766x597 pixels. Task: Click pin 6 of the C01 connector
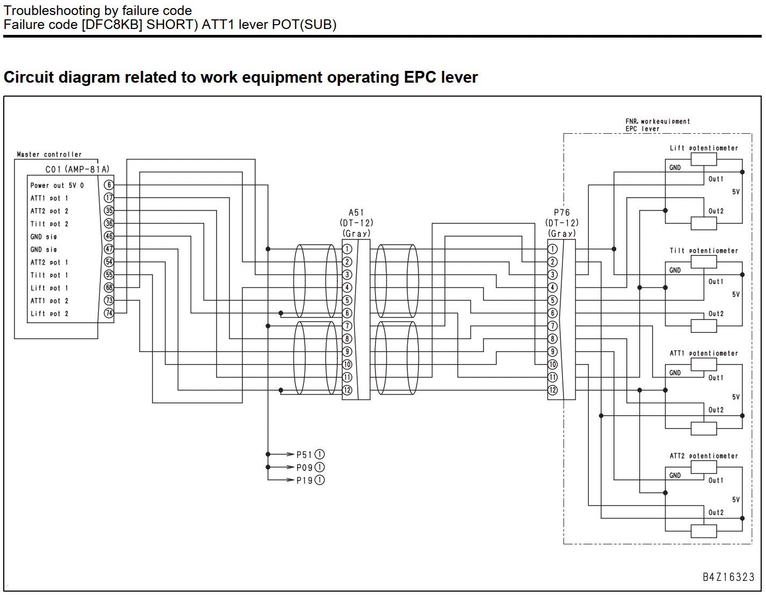coord(109,185)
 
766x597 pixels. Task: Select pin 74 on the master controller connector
coord(109,313)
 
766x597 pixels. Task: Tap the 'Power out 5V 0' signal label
coord(57,185)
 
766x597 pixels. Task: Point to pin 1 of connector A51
coord(347,249)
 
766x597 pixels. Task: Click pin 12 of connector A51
coord(347,390)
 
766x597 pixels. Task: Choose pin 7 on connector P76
coord(552,326)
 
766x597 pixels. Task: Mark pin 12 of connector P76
coord(552,390)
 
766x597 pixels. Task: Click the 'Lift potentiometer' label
coord(704,148)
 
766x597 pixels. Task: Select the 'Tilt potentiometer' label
coord(704,250)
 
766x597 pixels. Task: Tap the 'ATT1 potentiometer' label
coord(704,353)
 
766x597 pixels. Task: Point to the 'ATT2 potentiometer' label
coord(704,456)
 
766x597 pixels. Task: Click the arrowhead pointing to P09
coord(291,467)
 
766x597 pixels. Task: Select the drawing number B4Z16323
coord(728,577)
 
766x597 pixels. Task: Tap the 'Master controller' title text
coord(49,154)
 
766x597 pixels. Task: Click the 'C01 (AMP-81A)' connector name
coord(77,170)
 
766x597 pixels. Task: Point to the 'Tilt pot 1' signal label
coord(49,275)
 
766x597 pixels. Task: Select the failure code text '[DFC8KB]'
coord(112,25)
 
